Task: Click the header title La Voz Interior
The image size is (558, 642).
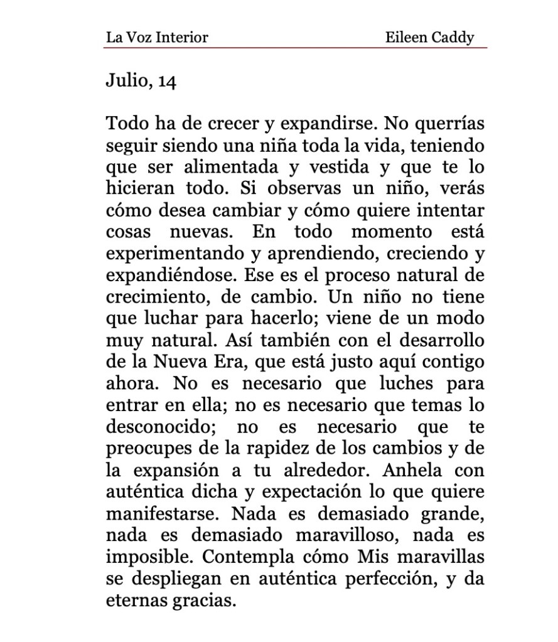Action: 156,37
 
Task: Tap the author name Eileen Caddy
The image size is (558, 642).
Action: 429,37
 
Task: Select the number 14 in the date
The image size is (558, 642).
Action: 167,82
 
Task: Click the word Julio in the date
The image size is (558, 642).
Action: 127,82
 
